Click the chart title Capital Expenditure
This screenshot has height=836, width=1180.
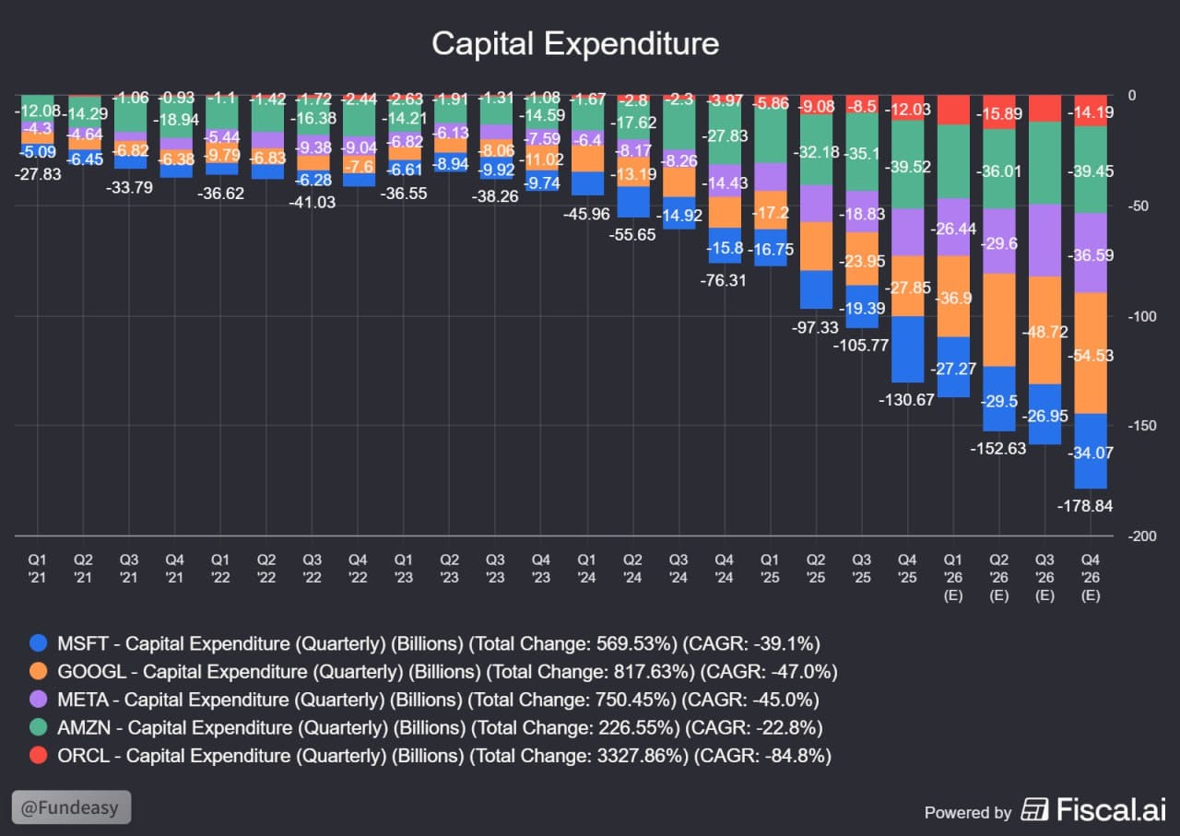click(575, 44)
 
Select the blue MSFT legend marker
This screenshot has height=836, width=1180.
click(38, 643)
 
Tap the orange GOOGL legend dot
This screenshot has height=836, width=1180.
click(38, 671)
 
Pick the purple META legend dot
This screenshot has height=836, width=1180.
click(38, 700)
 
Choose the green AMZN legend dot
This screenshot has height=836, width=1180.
click(38, 727)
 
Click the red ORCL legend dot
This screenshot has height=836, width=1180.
click(38, 756)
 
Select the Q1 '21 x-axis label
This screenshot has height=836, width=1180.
click(38, 567)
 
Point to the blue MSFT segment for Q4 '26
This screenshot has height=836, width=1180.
click(1091, 451)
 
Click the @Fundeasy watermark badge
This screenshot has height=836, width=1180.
click(72, 807)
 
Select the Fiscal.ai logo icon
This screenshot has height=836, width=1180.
click(1033, 811)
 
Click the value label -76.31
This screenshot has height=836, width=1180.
click(724, 280)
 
